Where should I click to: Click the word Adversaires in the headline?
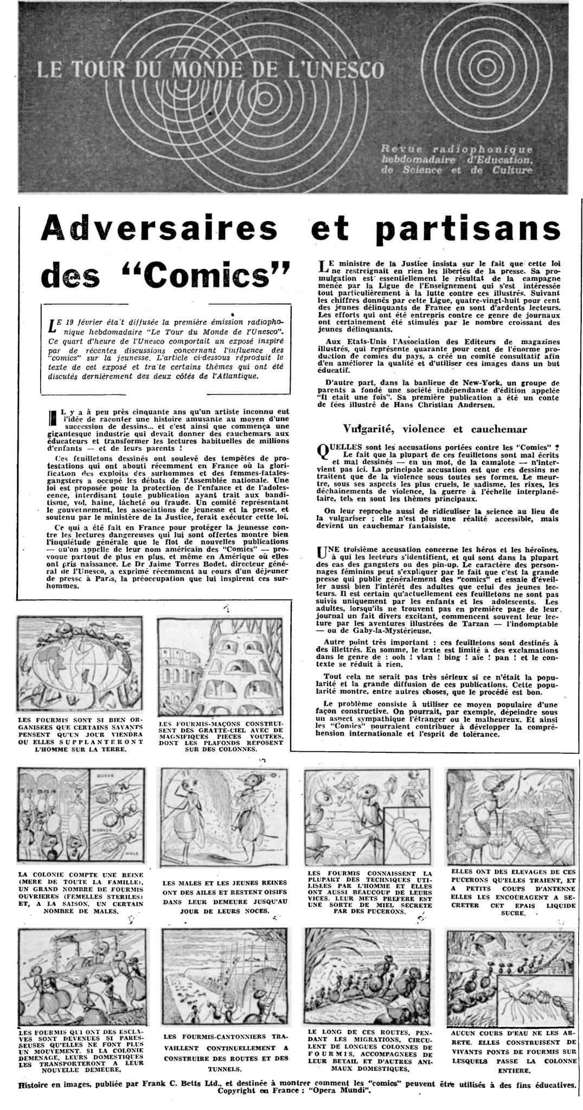(159, 229)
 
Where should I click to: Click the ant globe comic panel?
(80, 661)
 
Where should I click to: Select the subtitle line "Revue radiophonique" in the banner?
(457, 149)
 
